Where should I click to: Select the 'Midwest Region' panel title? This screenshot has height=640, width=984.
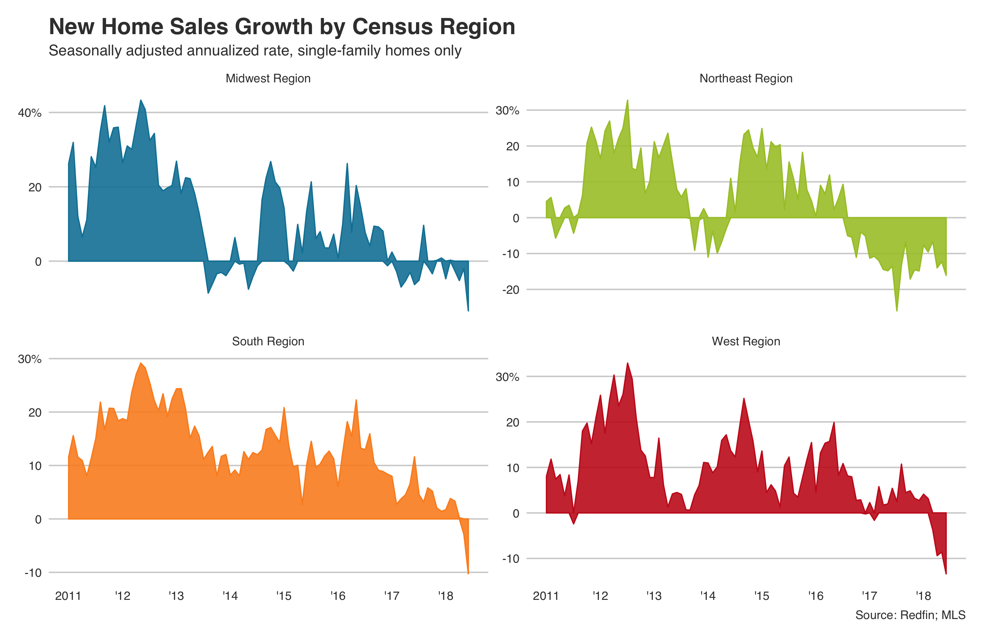click(268, 78)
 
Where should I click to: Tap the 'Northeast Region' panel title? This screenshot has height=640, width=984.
click(745, 78)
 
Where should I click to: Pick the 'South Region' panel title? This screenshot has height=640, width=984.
click(268, 341)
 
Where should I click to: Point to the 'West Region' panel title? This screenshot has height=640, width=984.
click(745, 341)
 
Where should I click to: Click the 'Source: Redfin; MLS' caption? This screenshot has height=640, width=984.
click(910, 615)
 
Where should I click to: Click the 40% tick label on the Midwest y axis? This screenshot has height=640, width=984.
click(30, 113)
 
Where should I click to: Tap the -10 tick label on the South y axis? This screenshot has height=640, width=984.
click(33, 573)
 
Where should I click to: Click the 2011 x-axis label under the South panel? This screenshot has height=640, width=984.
click(68, 596)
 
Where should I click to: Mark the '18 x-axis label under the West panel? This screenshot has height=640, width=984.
click(923, 596)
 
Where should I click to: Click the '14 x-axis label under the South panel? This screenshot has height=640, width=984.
click(230, 596)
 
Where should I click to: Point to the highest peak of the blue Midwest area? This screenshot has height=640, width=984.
click(141, 100)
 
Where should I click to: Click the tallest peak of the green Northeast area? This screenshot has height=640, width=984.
click(627, 100)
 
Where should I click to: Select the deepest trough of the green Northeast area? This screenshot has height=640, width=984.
click(897, 310)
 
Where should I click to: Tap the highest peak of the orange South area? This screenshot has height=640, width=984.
click(141, 364)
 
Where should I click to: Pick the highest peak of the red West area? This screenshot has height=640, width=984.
click(627, 364)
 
